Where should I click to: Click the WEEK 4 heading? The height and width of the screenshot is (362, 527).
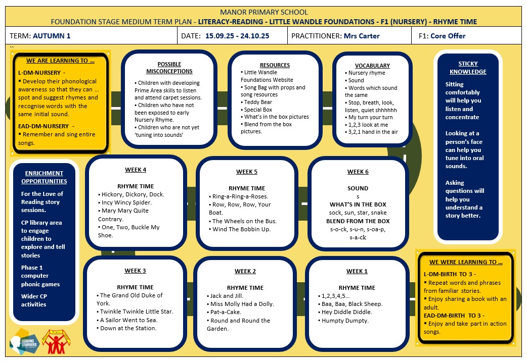tap(136, 170)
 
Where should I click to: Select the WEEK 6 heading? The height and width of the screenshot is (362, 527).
tap(358, 172)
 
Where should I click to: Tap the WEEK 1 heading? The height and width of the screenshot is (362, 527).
tap(357, 271)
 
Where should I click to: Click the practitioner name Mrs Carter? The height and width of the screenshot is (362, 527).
tap(362, 36)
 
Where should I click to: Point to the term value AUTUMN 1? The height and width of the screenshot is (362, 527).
tap(52, 36)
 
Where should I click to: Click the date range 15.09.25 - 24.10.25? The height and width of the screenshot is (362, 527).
tap(237, 36)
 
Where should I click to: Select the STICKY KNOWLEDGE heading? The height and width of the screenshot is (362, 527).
tap(468, 68)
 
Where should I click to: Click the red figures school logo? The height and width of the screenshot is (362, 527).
tap(56, 341)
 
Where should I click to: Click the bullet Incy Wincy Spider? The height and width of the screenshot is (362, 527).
tap(125, 202)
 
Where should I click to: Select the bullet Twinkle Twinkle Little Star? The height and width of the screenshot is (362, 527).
tap(135, 312)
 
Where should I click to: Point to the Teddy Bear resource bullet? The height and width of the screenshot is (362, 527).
tap(256, 102)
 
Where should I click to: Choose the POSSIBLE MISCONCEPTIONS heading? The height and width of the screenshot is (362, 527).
tap(169, 68)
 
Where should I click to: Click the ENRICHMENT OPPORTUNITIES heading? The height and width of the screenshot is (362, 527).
tap(44, 177)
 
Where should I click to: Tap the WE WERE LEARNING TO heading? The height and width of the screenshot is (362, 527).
tap(466, 262)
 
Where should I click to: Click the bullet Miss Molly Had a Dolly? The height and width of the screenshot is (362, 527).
tap(240, 304)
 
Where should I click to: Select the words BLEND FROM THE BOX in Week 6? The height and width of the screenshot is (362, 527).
tap(358, 221)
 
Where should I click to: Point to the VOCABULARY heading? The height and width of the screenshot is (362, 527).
tap(372, 66)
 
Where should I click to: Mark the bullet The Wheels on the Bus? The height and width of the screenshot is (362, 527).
tap(243, 221)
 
